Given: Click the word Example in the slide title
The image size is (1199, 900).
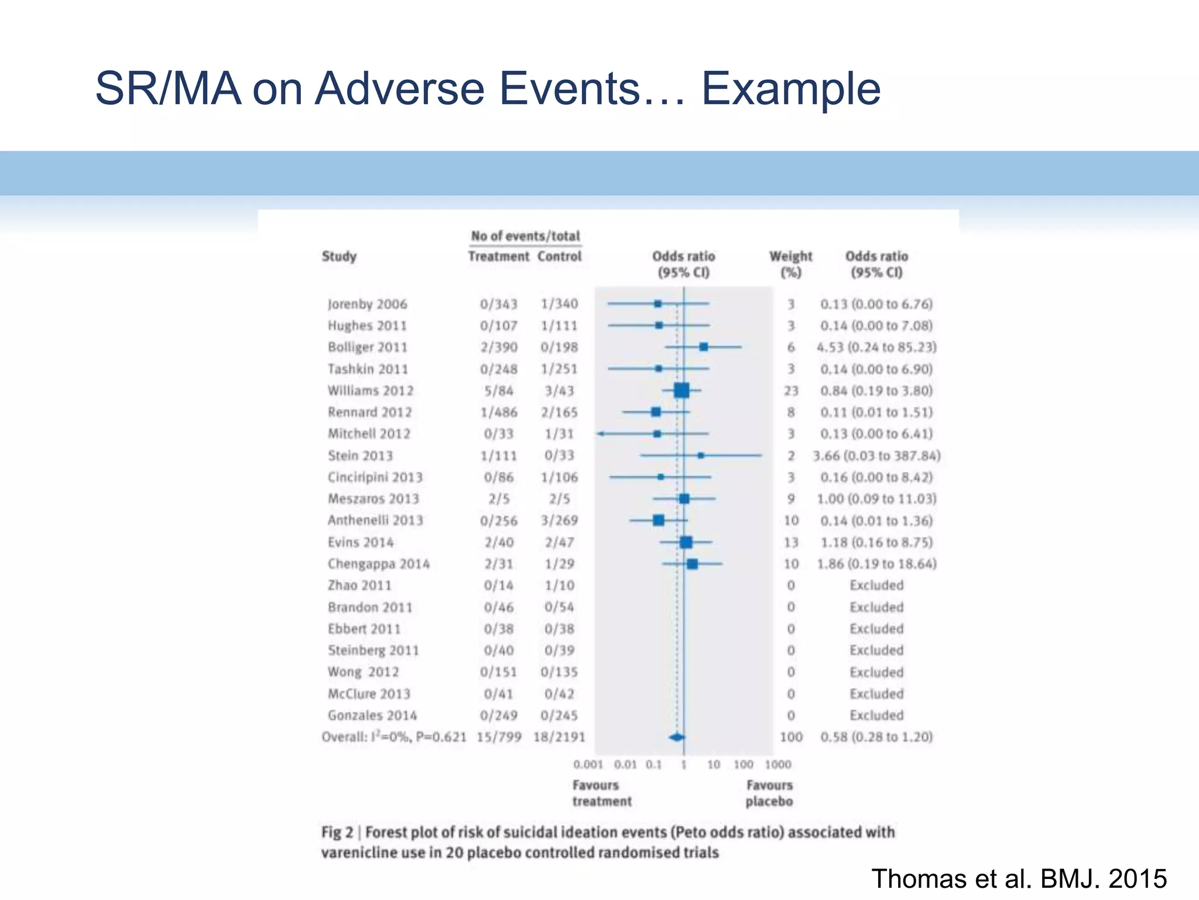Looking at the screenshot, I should pyautogui.click(x=790, y=89).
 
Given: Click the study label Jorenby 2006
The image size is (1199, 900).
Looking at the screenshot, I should pyautogui.click(x=367, y=304).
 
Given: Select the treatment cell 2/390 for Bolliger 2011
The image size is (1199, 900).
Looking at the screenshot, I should pyautogui.click(x=499, y=347).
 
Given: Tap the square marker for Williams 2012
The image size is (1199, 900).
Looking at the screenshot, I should pyautogui.click(x=681, y=390).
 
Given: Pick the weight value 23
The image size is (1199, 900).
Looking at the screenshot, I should pyautogui.click(x=791, y=391).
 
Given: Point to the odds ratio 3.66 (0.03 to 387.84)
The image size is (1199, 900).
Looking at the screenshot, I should pyautogui.click(x=876, y=456).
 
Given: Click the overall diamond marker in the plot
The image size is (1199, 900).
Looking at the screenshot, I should pyautogui.click(x=677, y=737).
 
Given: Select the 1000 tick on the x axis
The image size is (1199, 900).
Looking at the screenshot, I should pyautogui.click(x=777, y=765).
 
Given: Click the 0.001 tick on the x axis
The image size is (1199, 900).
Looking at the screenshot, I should pyautogui.click(x=588, y=765).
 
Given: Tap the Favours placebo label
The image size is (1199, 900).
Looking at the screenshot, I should pyautogui.click(x=769, y=793).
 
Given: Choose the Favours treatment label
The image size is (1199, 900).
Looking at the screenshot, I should pyautogui.click(x=602, y=793).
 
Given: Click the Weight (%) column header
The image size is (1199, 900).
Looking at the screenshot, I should pyautogui.click(x=790, y=264).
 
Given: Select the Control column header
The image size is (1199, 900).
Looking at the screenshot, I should pyautogui.click(x=560, y=257).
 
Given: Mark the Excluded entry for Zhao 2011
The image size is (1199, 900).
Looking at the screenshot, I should pyautogui.click(x=876, y=585).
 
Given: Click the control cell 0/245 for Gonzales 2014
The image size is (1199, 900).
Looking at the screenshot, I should pyautogui.click(x=559, y=715).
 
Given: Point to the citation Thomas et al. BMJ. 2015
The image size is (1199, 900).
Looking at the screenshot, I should pyautogui.click(x=1019, y=879).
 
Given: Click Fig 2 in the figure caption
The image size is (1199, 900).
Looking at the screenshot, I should pyautogui.click(x=337, y=833).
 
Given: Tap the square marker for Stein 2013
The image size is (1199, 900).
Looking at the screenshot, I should pyautogui.click(x=701, y=455).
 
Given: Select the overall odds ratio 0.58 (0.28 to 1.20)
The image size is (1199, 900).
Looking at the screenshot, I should pyautogui.click(x=876, y=737).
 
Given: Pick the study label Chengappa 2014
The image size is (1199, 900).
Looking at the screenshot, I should pyautogui.click(x=378, y=564).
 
